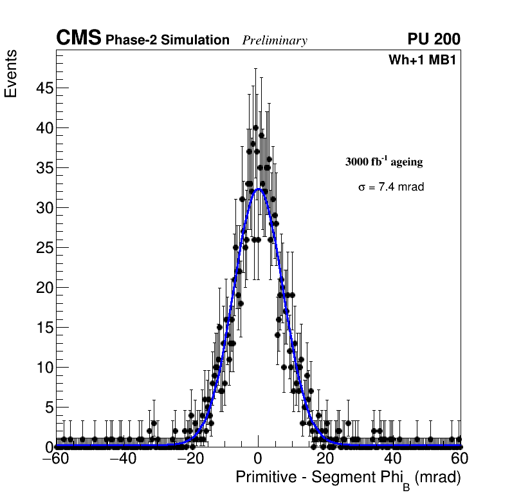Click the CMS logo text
point(78,39)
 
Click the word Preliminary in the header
point(275,41)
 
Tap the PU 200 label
point(434,39)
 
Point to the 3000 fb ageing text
point(384,162)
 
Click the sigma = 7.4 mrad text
point(391,187)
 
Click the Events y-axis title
point(11,74)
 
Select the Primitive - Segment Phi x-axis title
point(348,478)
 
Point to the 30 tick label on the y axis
point(43,207)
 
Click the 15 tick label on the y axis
point(43,327)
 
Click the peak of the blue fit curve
point(259,189)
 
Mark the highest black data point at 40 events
point(256,127)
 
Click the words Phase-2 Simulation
point(167,41)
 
